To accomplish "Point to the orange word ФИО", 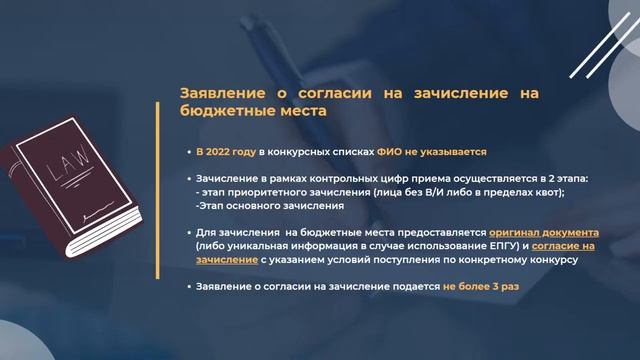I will pos(390,151).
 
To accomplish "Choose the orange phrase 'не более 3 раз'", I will pos(481,287).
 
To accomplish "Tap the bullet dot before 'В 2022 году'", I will pos(187,152).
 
